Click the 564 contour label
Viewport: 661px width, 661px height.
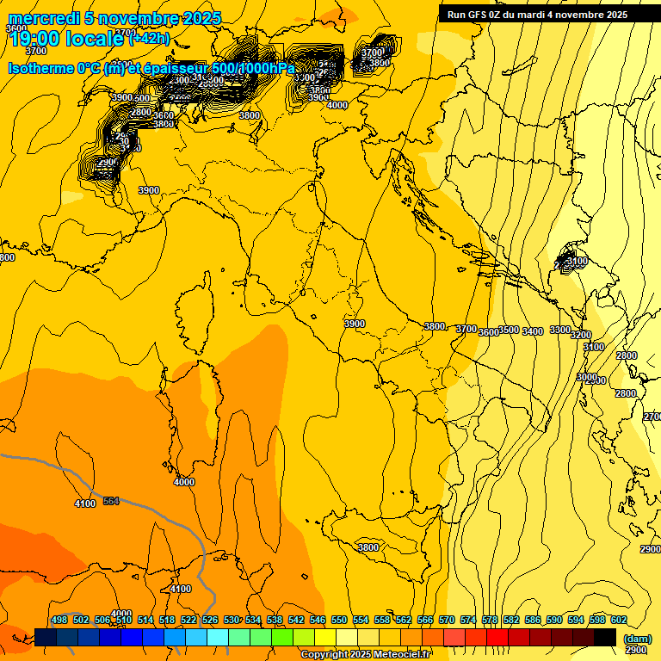point(111,501)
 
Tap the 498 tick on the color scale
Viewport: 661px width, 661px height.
point(59,620)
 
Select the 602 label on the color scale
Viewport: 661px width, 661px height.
point(618,620)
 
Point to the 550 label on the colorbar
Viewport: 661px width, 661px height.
point(339,620)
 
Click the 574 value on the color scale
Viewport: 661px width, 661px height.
point(468,620)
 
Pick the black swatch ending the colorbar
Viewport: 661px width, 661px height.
point(605,637)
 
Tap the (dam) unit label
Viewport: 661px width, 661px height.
point(637,639)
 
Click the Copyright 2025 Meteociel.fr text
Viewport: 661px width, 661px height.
point(366,654)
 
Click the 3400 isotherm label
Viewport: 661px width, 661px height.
point(533,331)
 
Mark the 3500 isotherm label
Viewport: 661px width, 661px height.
point(510,330)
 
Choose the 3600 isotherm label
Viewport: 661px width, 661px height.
point(489,332)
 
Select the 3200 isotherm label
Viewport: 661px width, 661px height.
point(581,335)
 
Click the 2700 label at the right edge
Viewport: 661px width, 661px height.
point(652,417)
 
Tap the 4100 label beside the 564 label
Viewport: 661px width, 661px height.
point(85,503)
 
